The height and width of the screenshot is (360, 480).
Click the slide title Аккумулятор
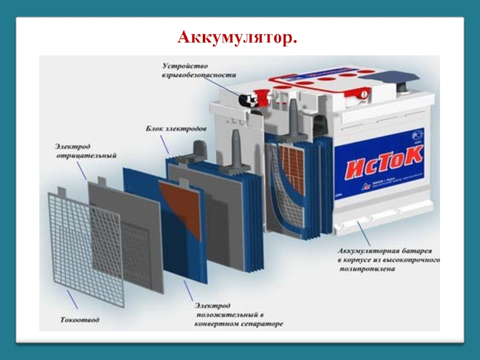[238, 38]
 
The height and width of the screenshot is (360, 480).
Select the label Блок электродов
[176, 129]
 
